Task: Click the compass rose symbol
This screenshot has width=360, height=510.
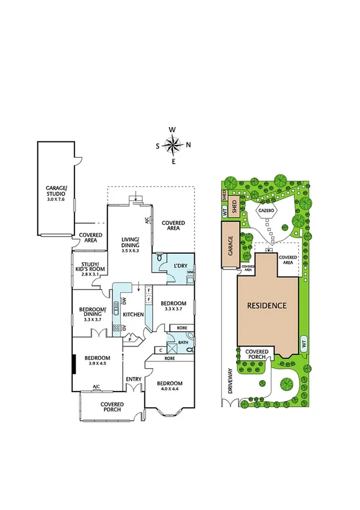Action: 172,144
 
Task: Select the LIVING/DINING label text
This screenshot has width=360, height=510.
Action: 130,241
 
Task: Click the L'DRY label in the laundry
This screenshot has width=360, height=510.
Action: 181,265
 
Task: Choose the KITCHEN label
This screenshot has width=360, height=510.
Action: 133,315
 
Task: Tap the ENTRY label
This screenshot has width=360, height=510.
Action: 133,379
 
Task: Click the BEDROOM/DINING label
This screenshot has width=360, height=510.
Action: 93,313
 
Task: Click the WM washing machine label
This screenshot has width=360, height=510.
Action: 190,272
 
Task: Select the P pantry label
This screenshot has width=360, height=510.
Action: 130,339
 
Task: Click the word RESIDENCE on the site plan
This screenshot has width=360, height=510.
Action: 267,306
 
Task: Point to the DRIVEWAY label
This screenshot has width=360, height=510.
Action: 230,380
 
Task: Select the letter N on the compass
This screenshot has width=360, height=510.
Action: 188,144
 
